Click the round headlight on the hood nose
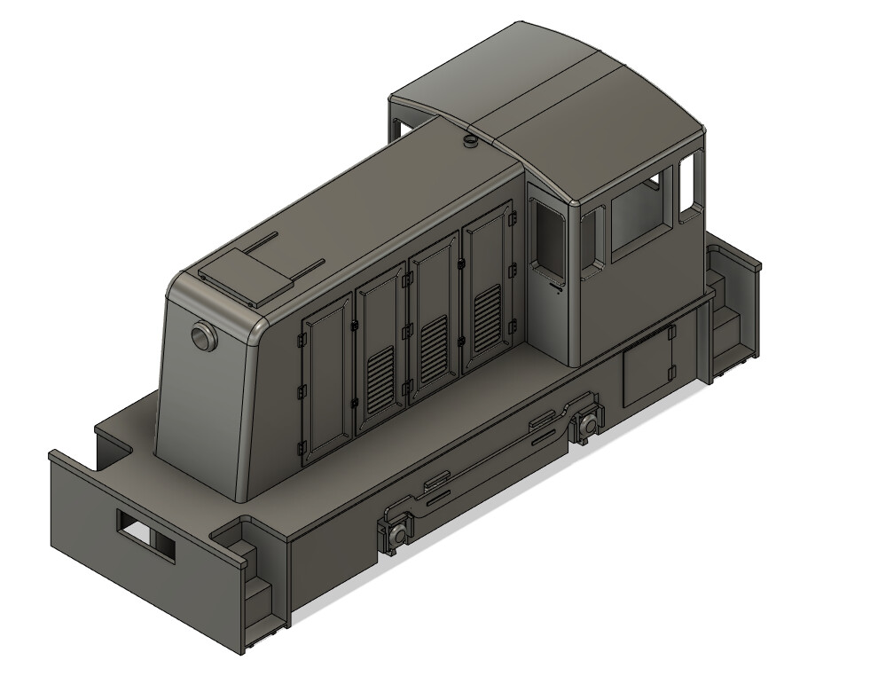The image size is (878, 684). click(203, 337)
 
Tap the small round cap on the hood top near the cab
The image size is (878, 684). click(467, 141)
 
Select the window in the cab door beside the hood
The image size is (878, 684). click(546, 236)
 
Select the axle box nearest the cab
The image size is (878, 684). click(588, 426)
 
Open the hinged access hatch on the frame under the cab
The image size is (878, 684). click(647, 366)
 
